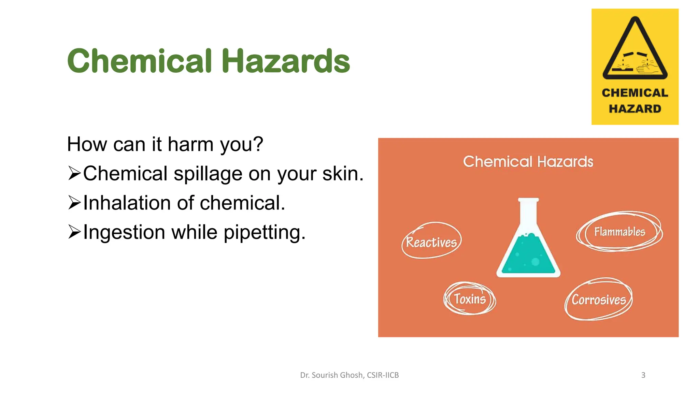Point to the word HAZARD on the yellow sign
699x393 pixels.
tap(635, 108)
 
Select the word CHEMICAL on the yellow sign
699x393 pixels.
tap(635, 93)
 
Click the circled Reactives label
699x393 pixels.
tap(431, 242)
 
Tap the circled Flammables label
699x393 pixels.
tap(619, 232)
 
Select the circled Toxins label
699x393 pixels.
tap(470, 299)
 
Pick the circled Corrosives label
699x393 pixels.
tap(599, 300)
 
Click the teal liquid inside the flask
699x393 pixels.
tap(528, 256)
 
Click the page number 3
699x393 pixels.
tap(643, 375)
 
